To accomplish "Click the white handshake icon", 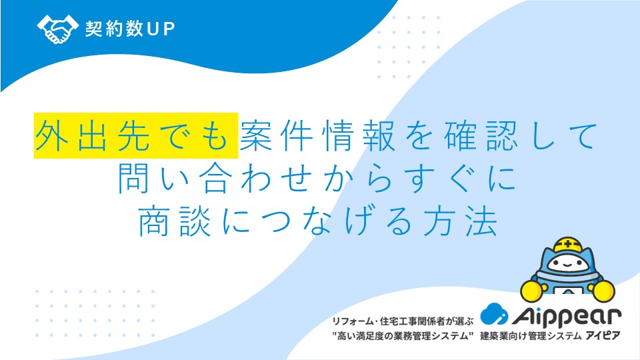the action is [57, 29].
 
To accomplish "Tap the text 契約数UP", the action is [130, 29].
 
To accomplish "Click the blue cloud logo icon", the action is [494, 314].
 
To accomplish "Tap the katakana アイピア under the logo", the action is [603, 336].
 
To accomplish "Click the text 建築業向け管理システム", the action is [531, 336].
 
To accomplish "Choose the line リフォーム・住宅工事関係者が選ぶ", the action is [403, 321].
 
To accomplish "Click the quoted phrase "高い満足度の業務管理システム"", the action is [403, 336].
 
